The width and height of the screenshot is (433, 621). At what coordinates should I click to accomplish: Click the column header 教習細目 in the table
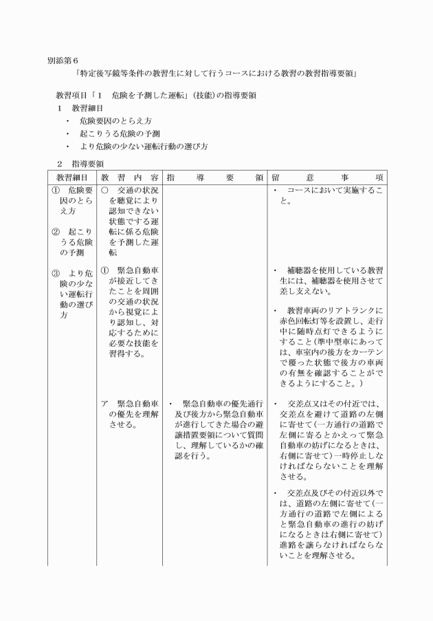(x=72, y=177)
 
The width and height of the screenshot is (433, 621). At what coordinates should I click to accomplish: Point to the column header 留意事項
(x=326, y=177)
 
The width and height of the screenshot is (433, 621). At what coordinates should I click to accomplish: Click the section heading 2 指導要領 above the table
(x=80, y=164)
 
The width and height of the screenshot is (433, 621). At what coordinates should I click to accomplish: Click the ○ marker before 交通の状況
(x=104, y=190)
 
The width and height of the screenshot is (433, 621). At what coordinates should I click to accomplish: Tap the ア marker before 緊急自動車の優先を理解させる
(x=104, y=404)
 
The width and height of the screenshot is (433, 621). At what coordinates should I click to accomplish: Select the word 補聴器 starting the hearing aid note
(x=300, y=271)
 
